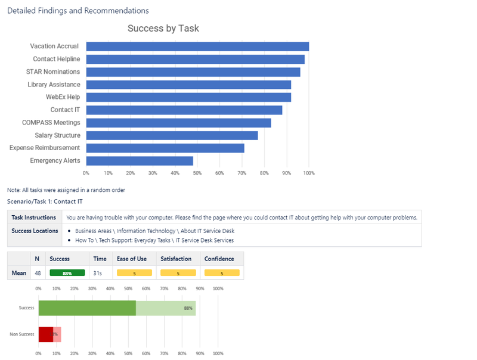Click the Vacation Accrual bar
click(197, 46)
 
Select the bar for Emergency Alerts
click(140, 161)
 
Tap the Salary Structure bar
click(172, 135)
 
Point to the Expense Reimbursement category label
click(45, 148)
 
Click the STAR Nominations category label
click(53, 72)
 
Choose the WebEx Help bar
click(188, 97)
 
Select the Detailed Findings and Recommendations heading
click(78, 11)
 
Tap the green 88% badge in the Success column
click(67, 273)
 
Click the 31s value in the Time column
click(98, 273)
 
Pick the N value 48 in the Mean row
click(38, 273)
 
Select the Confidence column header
click(219, 259)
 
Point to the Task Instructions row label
click(34, 218)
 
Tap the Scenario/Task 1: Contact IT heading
click(45, 202)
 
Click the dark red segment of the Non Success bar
click(46, 334)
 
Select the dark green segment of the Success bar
click(87, 308)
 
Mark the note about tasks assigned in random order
click(66, 190)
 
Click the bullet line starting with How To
click(154, 240)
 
